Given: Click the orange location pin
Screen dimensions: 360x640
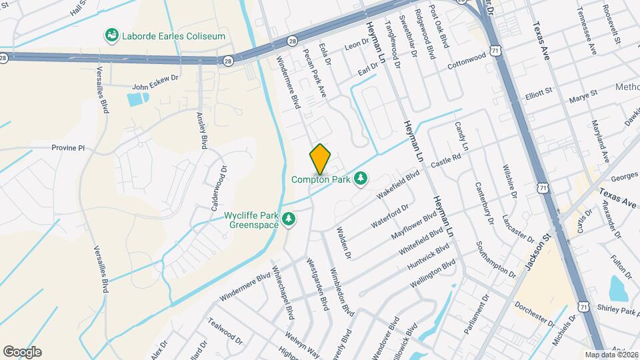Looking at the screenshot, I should [320, 159].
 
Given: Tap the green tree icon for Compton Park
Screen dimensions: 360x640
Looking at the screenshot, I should [361, 179].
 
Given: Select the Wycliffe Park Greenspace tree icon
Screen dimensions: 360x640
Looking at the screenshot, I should [289, 219].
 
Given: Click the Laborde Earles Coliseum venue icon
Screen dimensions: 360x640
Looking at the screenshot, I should [111, 35].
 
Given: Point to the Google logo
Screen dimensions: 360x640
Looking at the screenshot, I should [22, 352].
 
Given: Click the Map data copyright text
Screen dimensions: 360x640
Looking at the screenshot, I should [611, 355].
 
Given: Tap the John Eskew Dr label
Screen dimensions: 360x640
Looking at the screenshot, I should [156, 86].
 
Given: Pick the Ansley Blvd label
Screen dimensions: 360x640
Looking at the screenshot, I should [202, 130].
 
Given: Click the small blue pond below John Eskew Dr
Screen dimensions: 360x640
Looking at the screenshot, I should [137, 100].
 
